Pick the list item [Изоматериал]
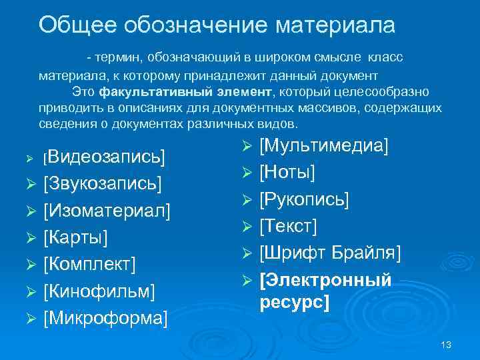click(x=107, y=211)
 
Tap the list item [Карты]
click(x=76, y=238)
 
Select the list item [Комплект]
click(x=89, y=265)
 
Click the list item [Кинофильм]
click(x=99, y=291)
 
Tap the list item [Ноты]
click(x=287, y=172)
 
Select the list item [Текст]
click(x=287, y=226)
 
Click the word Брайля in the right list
click(x=364, y=253)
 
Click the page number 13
click(x=446, y=344)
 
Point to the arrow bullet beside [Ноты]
click(x=245, y=173)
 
